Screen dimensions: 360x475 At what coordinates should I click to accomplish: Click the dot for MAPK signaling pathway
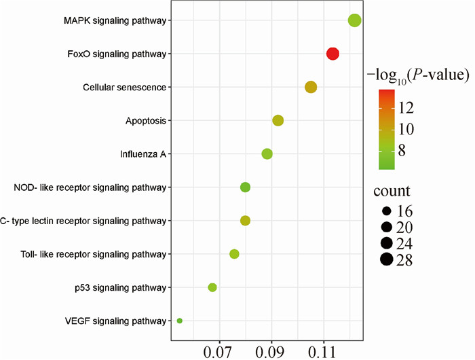pos(354,20)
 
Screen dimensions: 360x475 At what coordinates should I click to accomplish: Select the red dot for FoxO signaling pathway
pos(332,54)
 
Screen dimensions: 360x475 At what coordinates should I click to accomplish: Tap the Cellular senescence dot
pos(311,87)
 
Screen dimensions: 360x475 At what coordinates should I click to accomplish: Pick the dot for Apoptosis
pos(278,120)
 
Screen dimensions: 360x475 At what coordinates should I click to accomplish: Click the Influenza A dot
pos(267,154)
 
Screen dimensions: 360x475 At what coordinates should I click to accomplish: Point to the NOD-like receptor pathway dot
pos(245,187)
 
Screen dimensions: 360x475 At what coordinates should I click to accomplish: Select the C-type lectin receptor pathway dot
pos(245,220)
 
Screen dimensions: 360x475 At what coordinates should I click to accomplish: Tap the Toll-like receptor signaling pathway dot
pos(234,253)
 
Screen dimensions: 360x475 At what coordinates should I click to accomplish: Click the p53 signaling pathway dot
pos(212,287)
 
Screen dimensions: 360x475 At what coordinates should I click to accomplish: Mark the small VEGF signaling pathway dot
pos(179,321)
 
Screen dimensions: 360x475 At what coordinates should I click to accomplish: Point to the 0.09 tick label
pos(271,350)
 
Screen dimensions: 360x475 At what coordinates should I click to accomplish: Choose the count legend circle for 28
pos(387,259)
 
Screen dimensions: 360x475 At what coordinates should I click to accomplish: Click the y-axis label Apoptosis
pos(146,121)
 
